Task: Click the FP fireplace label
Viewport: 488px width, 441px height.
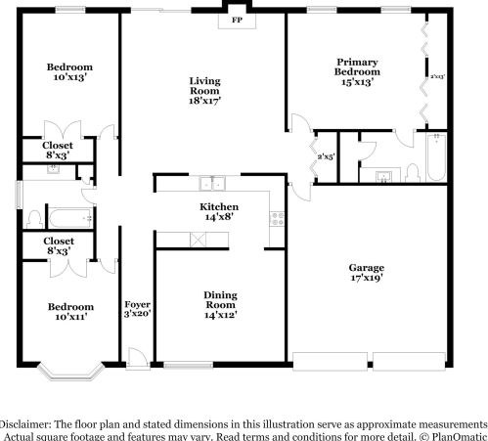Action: tap(237, 20)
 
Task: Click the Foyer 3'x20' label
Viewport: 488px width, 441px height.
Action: tap(134, 309)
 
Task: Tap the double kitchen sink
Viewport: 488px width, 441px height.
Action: tap(212, 183)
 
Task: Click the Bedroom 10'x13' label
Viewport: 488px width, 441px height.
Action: tap(71, 72)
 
